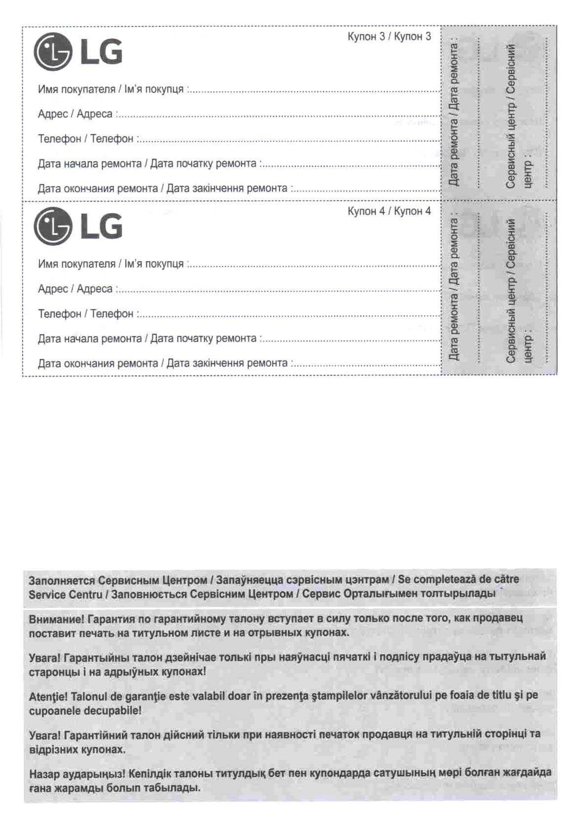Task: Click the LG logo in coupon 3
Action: (x=77, y=52)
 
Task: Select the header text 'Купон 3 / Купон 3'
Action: (x=389, y=36)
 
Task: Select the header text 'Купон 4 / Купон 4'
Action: (x=389, y=211)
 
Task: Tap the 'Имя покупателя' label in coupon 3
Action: (x=76, y=90)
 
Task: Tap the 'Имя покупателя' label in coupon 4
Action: (x=76, y=264)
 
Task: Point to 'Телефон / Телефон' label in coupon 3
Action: (x=85, y=139)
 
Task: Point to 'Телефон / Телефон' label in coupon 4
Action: (x=85, y=314)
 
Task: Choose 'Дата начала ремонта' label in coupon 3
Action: (x=89, y=164)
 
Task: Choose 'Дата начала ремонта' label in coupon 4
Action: (x=89, y=339)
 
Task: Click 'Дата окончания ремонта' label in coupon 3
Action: (x=98, y=189)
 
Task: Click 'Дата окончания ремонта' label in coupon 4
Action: (x=98, y=364)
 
